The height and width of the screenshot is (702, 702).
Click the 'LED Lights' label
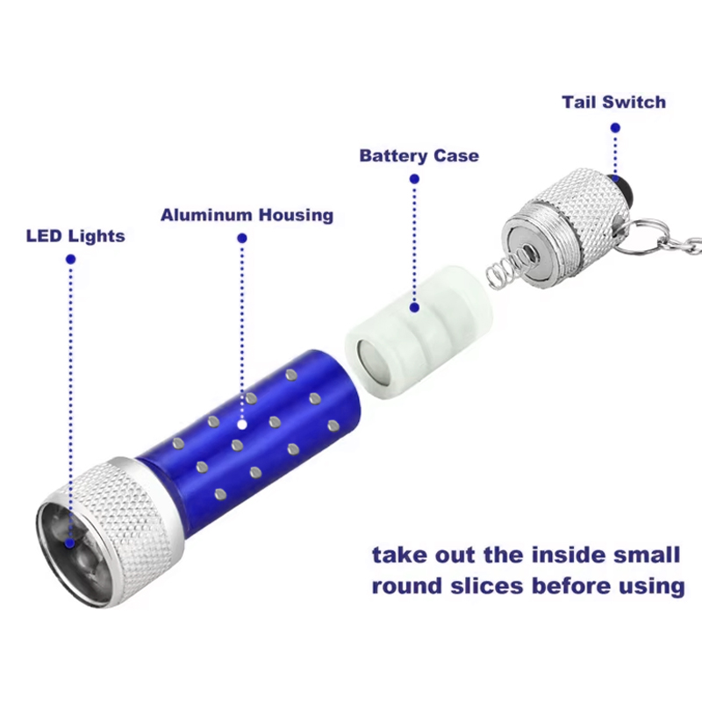[75, 236]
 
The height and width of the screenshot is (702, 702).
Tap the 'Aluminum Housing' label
[247, 215]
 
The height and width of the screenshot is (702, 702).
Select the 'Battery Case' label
[419, 156]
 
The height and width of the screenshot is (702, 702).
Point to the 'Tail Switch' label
[613, 102]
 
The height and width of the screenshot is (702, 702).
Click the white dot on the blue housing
[242, 424]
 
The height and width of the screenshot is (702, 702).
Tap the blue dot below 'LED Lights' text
[70, 259]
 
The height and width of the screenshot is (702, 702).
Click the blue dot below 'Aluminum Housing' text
[242, 238]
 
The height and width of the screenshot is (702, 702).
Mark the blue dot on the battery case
[414, 308]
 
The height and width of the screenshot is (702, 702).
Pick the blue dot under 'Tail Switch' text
[616, 127]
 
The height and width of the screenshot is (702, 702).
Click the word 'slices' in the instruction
[487, 586]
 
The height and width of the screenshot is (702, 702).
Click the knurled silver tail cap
[569, 227]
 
